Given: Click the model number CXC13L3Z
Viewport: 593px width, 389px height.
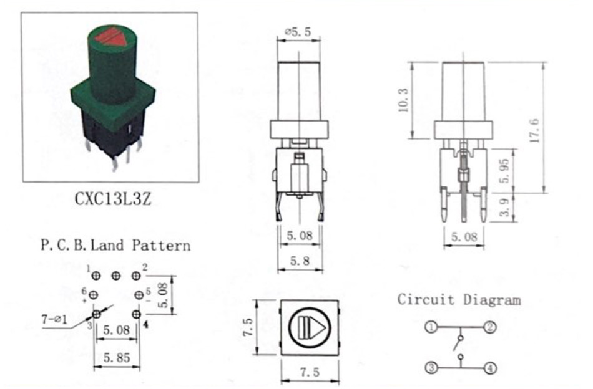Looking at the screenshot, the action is (113, 199).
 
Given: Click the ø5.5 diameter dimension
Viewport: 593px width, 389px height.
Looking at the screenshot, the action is (298, 32).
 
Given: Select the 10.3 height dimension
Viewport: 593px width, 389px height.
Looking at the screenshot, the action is (403, 100).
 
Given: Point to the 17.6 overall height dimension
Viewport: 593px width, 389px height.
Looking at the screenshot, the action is (534, 130).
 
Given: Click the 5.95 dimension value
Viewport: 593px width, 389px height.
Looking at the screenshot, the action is (505, 171).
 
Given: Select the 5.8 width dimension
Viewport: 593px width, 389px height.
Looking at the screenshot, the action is (300, 261).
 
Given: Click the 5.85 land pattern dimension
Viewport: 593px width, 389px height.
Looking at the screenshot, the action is (117, 357).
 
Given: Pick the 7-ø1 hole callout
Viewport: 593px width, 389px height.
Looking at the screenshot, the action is (54, 320).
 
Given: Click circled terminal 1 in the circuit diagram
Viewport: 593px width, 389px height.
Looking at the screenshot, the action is (431, 327).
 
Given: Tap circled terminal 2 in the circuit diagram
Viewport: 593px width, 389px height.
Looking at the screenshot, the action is (490, 327).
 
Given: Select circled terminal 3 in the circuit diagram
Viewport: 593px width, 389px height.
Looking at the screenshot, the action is (431, 367).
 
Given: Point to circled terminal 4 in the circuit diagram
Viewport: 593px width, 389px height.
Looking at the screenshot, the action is (490, 367).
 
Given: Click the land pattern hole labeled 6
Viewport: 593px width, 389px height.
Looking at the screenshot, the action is (94, 295).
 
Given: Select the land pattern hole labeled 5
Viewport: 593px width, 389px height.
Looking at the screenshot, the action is (139, 295).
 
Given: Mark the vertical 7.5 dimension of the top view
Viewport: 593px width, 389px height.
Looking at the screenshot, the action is (248, 327).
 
